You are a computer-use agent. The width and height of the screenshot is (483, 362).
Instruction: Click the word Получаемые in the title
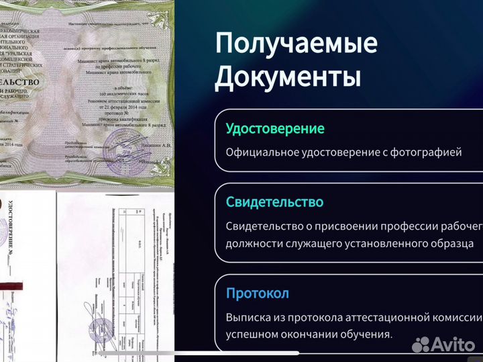point(296,44)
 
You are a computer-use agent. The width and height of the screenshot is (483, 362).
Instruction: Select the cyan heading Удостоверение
point(275,128)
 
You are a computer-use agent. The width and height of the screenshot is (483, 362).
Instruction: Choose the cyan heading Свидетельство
point(275,202)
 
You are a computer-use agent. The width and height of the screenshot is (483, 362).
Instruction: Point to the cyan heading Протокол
point(258,293)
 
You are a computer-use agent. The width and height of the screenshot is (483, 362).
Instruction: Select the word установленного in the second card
point(388,244)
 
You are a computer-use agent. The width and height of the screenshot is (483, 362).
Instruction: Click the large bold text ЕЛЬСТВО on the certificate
point(20,83)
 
